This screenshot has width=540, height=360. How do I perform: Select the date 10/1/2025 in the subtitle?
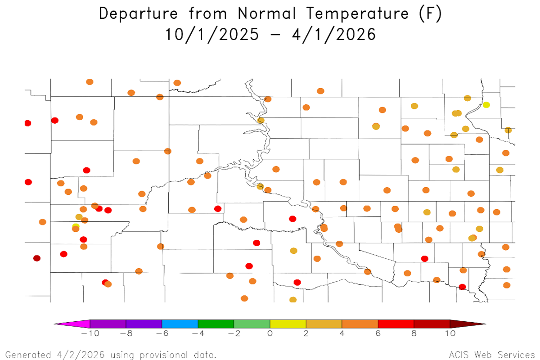coord(212,34)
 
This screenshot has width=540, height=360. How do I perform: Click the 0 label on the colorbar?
coord(270,333)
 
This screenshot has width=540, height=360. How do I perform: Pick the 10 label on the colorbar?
coord(450,333)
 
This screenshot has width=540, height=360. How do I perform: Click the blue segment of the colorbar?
coord(180,324)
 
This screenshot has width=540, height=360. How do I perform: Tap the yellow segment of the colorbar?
coord(288,324)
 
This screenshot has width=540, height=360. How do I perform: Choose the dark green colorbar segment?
coord(216,324)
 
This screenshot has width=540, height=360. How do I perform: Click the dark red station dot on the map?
coord(37,258)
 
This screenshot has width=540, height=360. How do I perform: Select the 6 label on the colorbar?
coord(378,333)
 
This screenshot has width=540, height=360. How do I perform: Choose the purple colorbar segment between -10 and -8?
coord(108,324)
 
